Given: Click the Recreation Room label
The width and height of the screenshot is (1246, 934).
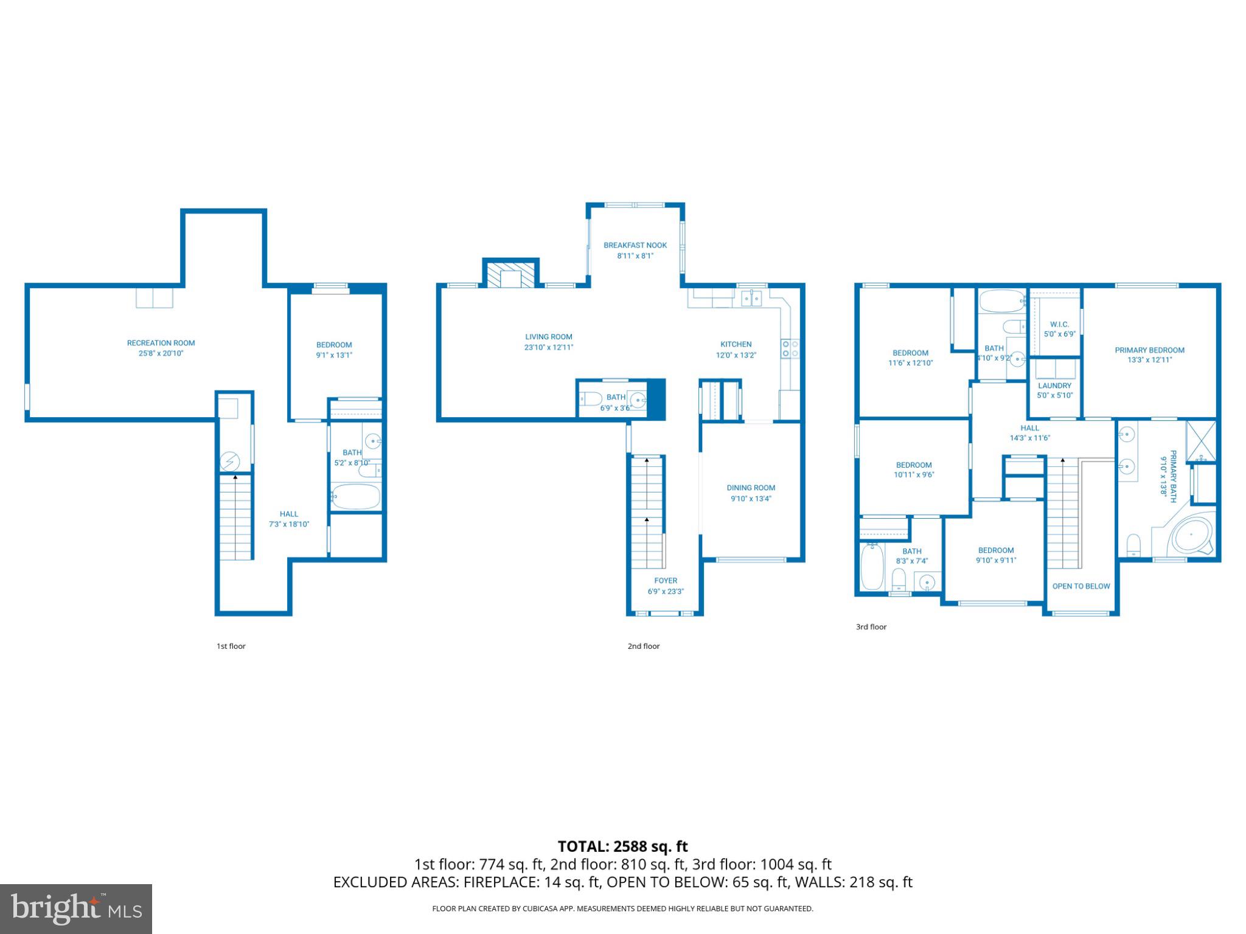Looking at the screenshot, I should click(161, 343).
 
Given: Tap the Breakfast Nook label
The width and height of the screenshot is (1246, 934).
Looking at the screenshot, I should click(635, 245).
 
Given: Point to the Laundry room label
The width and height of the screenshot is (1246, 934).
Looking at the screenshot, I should click(1054, 386).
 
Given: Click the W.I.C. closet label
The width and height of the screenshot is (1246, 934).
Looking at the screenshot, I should click(1059, 324).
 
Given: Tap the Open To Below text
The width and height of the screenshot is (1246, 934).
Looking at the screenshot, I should click(1081, 586).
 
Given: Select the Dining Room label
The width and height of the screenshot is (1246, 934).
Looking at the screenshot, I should click(751, 488).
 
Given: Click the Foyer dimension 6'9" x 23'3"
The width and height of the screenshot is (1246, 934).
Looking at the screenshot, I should click(666, 591).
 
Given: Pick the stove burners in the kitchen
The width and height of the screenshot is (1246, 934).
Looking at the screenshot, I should click(790, 348).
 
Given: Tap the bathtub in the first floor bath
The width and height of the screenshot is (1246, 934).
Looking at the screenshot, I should click(356, 497).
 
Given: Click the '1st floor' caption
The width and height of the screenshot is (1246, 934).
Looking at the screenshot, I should click(231, 646).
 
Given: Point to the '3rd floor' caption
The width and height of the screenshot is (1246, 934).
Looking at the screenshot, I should click(871, 626).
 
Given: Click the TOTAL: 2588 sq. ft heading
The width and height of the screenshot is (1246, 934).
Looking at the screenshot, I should click(622, 846).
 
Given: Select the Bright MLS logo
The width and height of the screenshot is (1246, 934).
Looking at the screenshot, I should click(75, 908).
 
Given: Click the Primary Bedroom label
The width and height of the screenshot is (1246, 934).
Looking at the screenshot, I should click(1149, 350).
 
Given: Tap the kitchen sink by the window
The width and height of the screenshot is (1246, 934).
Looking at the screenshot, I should click(752, 299).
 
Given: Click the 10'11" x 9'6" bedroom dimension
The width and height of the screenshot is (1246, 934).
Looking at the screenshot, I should click(913, 475).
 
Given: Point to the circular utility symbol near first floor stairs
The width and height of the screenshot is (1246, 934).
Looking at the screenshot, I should click(229, 462).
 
